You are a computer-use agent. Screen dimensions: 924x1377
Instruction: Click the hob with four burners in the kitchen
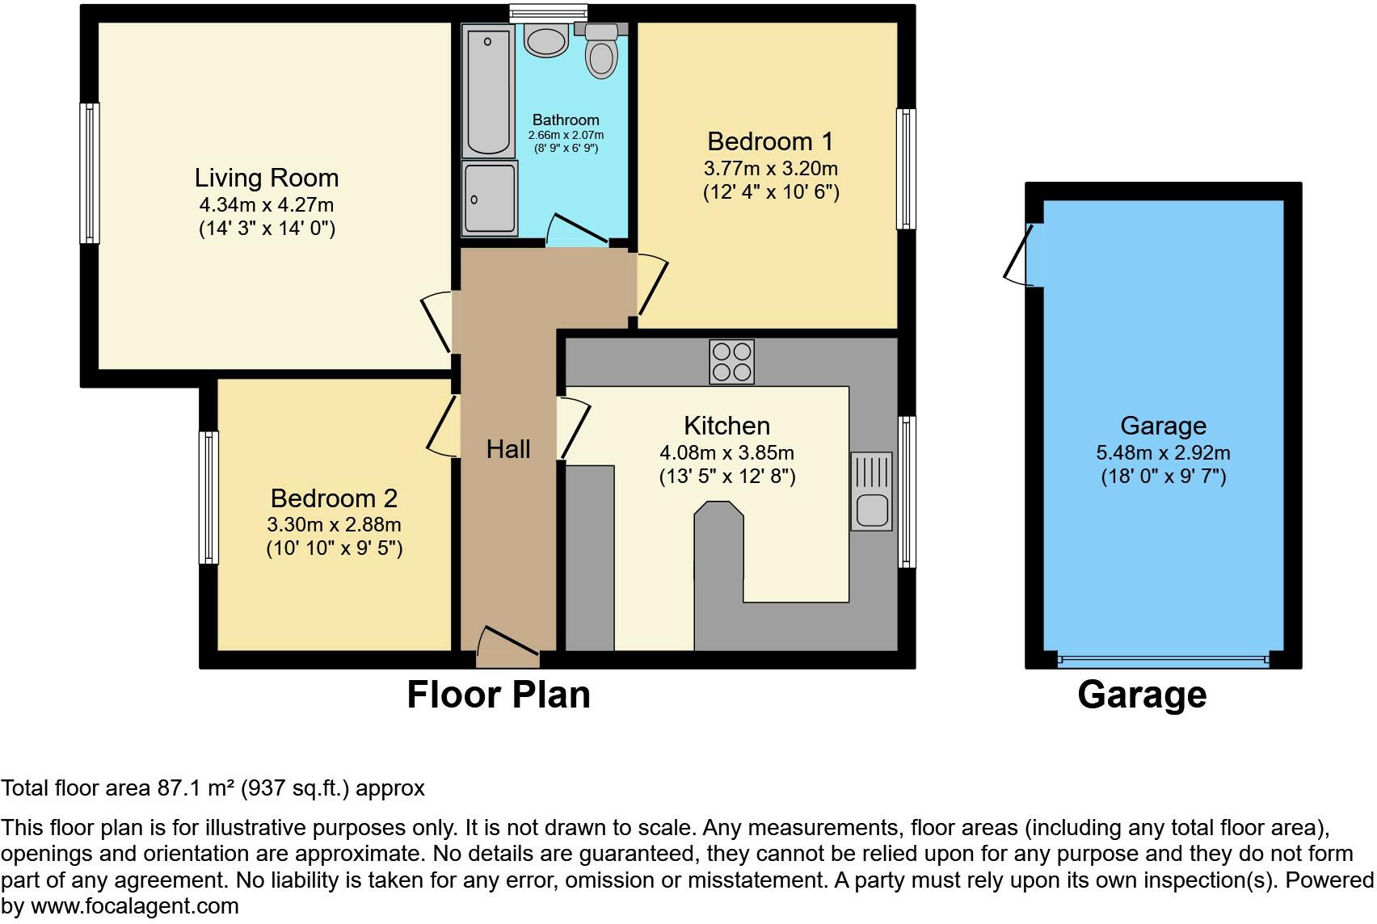click(731, 361)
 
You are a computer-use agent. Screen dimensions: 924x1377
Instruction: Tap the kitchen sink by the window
click(871, 491)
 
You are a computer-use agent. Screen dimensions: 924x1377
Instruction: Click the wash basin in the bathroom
click(546, 39)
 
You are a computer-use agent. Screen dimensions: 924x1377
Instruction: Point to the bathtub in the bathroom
click(489, 90)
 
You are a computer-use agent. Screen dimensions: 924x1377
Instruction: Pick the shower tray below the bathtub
click(490, 199)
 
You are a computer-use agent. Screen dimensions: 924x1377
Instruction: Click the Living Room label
click(266, 178)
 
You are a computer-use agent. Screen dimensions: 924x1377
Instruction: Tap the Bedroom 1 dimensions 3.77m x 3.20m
click(770, 169)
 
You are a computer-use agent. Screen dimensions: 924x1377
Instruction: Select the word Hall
click(508, 449)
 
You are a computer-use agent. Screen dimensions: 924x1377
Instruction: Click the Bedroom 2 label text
click(333, 498)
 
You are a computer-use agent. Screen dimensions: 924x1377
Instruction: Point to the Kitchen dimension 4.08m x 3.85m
click(726, 452)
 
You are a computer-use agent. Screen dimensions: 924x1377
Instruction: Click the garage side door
click(1021, 254)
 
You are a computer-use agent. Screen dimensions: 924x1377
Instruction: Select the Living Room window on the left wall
click(89, 173)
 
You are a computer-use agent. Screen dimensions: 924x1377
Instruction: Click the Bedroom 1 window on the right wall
click(907, 170)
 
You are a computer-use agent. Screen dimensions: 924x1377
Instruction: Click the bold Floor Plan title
click(498, 695)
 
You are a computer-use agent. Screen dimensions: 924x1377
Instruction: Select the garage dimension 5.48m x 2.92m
click(1163, 452)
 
